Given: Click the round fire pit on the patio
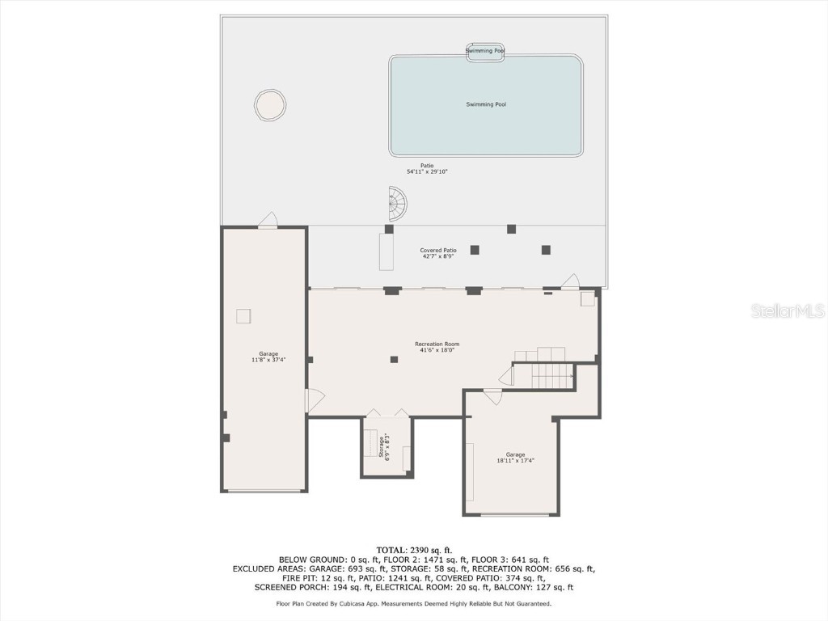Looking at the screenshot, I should coord(270,105).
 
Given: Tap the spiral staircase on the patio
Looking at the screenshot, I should coord(398,204).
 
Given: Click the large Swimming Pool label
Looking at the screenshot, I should coord(486,104).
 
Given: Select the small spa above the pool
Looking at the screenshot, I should coord(485,51).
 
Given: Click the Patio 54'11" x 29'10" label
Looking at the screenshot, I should coord(427,168).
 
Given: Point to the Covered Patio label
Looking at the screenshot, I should coord(437,253).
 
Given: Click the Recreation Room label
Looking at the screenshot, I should coord(437,347).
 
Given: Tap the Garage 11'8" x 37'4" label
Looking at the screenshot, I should coord(268,357).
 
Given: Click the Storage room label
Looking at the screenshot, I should coord(384,446).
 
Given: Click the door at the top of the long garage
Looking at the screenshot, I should coord(268,221).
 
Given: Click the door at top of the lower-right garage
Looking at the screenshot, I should coord(492,396).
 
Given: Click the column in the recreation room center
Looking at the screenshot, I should coord(394,359).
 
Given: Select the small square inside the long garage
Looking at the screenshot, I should coord(243,316).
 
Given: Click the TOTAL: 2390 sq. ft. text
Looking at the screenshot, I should coord(414,550).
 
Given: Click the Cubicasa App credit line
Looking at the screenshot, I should coord(414,603).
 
